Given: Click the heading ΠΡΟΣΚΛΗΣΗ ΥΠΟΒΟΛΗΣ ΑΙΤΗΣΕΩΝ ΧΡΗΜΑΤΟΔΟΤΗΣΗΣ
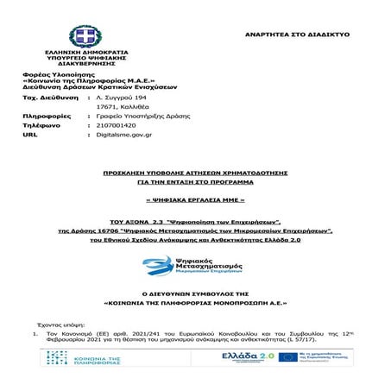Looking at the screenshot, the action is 195,173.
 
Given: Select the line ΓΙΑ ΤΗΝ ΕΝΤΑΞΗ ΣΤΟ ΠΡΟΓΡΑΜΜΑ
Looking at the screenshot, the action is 195,183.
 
